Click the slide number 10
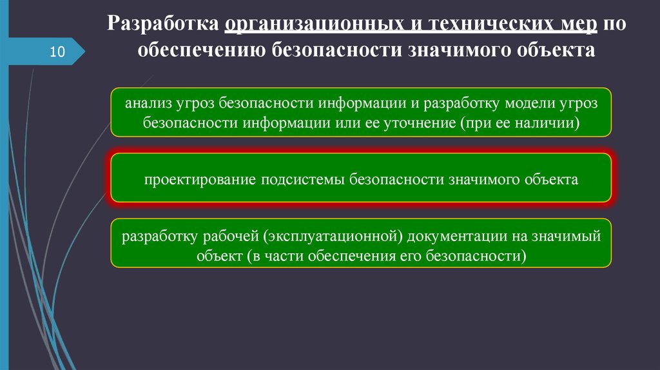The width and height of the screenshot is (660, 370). point(57,52)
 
